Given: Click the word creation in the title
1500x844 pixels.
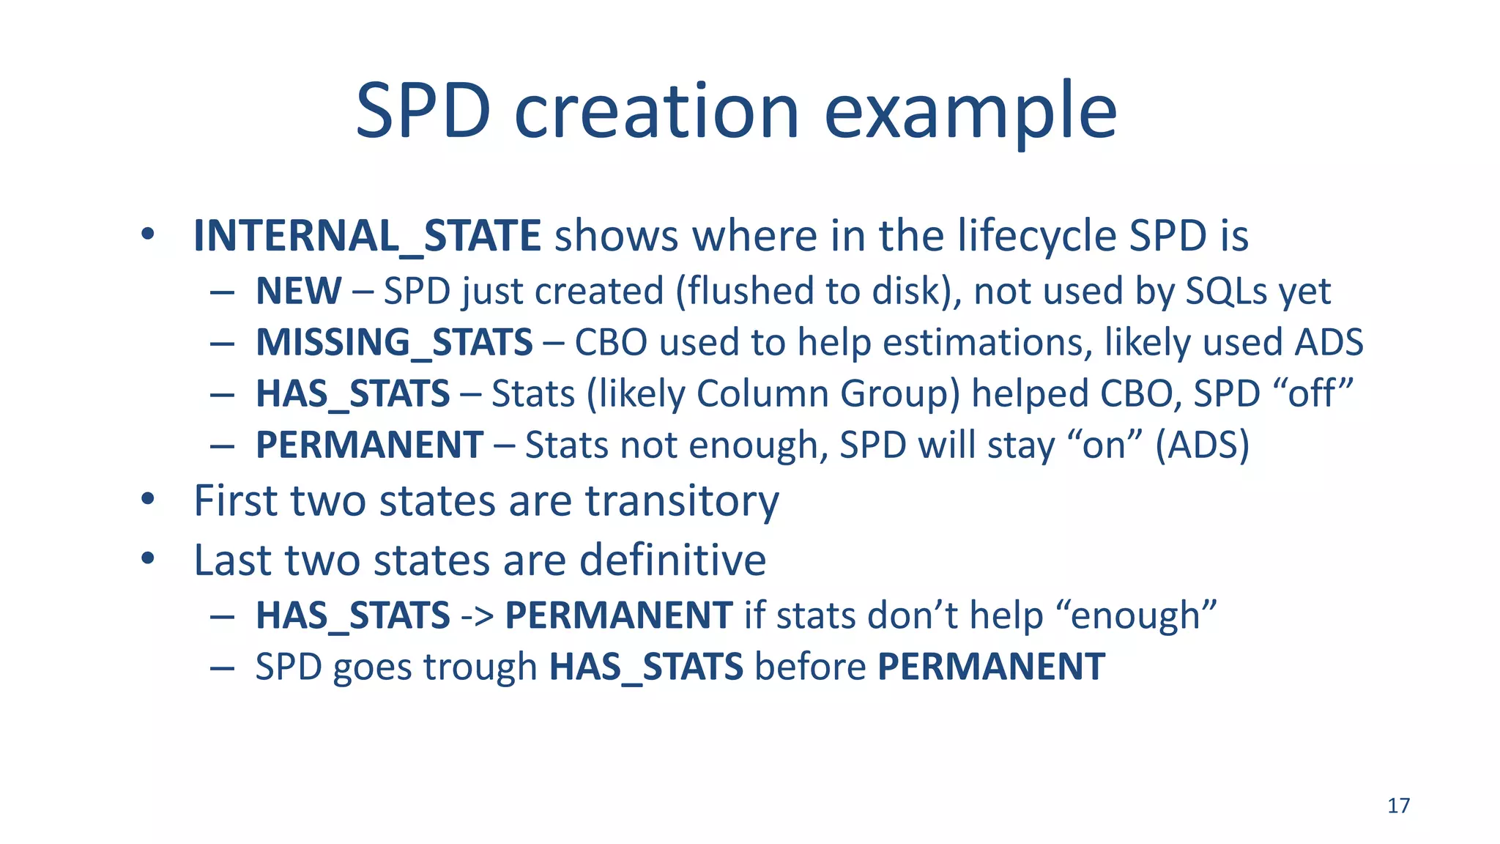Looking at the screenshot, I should (x=656, y=111).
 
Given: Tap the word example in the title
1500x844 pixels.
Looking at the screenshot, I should (x=970, y=111).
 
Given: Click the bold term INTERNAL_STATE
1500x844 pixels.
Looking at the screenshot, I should (x=367, y=236).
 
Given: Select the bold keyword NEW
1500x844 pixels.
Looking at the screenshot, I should (x=298, y=291).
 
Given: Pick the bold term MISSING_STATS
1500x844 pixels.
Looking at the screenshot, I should (x=394, y=342).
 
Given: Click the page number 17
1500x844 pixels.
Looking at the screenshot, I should (x=1398, y=806).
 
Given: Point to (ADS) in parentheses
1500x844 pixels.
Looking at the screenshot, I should (x=1202, y=445).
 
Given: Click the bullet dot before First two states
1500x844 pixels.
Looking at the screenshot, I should (x=149, y=500).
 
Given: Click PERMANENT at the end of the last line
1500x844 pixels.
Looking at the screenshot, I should (x=991, y=667).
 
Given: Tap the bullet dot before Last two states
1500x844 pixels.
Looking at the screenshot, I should (x=149, y=559).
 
